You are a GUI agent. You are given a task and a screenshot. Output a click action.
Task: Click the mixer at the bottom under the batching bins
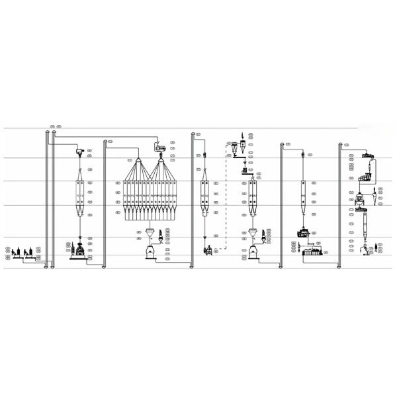(150, 251)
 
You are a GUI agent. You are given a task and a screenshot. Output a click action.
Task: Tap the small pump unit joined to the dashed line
(208, 250)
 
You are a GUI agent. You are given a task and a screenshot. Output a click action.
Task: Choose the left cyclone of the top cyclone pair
(233, 149)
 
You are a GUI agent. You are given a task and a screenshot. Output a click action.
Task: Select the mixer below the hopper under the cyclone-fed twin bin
(251, 251)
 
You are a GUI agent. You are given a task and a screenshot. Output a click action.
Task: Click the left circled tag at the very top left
(52, 126)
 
